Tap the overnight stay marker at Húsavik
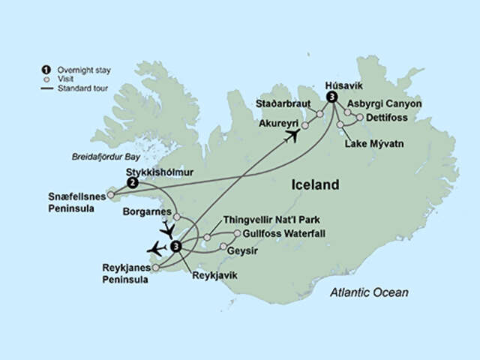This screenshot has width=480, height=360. click(332, 97)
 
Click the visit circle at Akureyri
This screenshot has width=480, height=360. click(305, 125)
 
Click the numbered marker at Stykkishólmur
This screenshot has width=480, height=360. click(132, 182)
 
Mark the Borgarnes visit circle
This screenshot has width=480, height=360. click(178, 217)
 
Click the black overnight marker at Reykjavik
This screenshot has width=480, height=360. click(175, 246)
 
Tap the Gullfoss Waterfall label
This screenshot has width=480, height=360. click(277, 235)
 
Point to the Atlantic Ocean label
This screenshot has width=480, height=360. click(370, 292)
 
